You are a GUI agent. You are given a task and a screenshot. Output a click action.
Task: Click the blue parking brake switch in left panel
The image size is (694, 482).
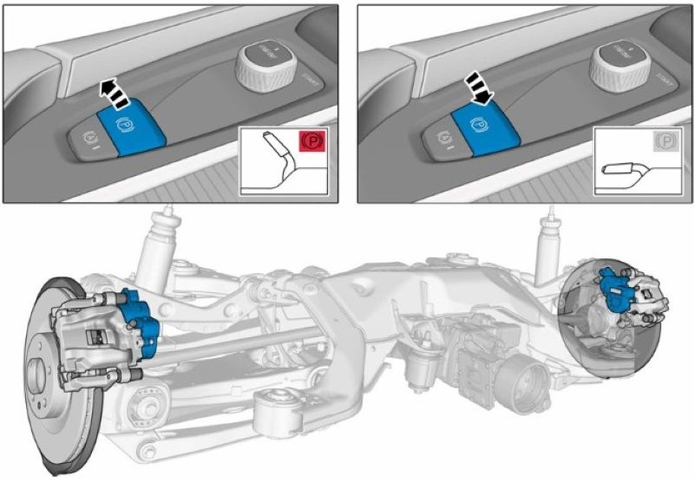point(130,125)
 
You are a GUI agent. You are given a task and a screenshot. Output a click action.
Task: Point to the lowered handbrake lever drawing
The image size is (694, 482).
point(625,167)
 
